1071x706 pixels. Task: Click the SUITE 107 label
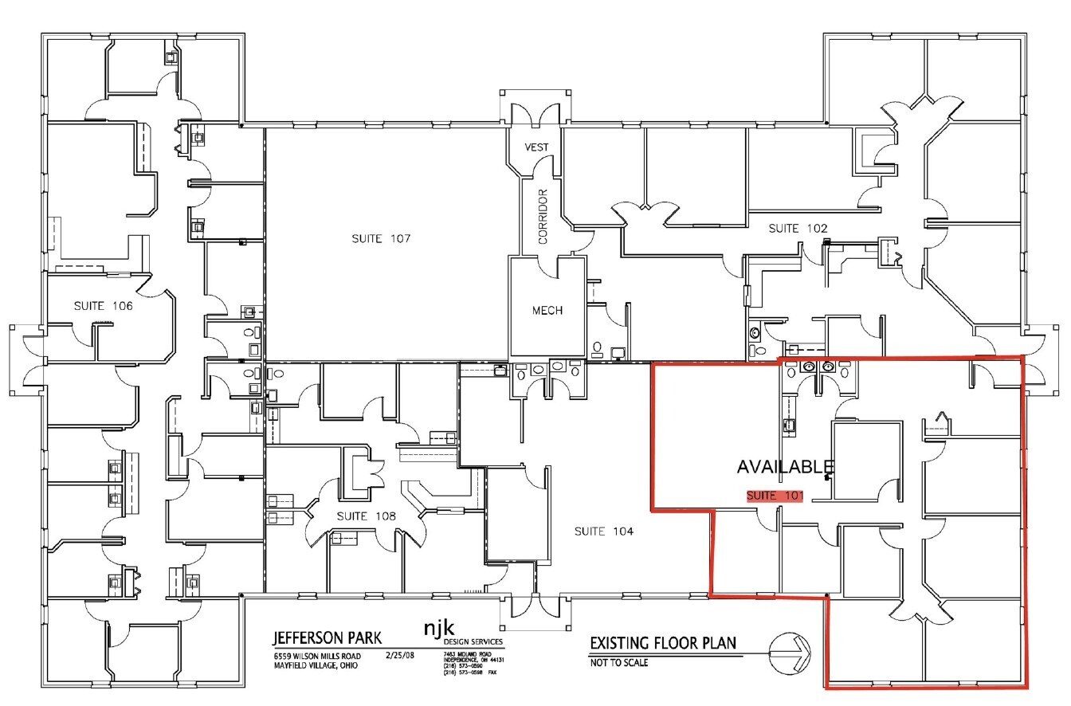click(381, 238)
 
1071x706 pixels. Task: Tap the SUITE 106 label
click(104, 305)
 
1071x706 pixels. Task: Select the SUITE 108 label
click(366, 516)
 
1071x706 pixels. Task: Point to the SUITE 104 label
click(603, 531)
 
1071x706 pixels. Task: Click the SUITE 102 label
click(798, 229)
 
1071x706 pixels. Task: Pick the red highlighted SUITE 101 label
click(774, 496)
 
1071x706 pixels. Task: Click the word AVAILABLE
click(785, 467)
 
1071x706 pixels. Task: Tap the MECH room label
click(547, 310)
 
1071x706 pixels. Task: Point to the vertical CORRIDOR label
click(543, 216)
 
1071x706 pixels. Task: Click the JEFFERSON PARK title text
click(328, 638)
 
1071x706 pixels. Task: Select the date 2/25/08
click(400, 654)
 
